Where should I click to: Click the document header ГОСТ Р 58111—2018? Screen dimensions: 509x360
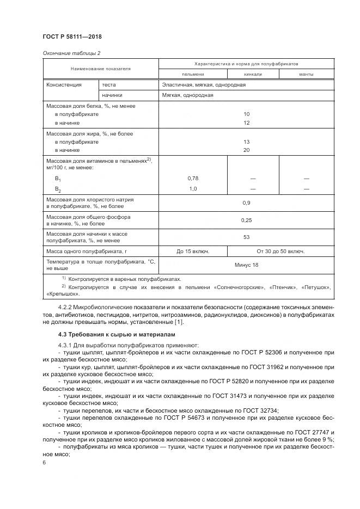[x=72, y=36]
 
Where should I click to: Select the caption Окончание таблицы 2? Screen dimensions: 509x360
[x=71, y=53]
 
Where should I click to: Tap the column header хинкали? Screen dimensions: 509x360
[x=253, y=74]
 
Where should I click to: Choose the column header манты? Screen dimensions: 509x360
[x=306, y=74]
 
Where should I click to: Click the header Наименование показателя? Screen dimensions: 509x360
[x=100, y=69]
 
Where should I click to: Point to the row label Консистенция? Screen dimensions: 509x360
[x=64, y=85]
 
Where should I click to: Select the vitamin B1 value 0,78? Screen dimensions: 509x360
[x=193, y=179]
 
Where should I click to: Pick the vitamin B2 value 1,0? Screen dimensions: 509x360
[x=193, y=188]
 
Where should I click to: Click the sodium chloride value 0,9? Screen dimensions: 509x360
[x=246, y=203]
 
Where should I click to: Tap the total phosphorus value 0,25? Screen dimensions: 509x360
[x=246, y=220]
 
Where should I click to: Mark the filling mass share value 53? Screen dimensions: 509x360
[x=246, y=237]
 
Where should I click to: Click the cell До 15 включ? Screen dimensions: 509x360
[x=193, y=252]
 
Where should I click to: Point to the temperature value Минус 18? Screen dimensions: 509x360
[x=246, y=265]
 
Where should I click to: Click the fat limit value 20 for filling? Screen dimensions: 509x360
[x=246, y=150]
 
